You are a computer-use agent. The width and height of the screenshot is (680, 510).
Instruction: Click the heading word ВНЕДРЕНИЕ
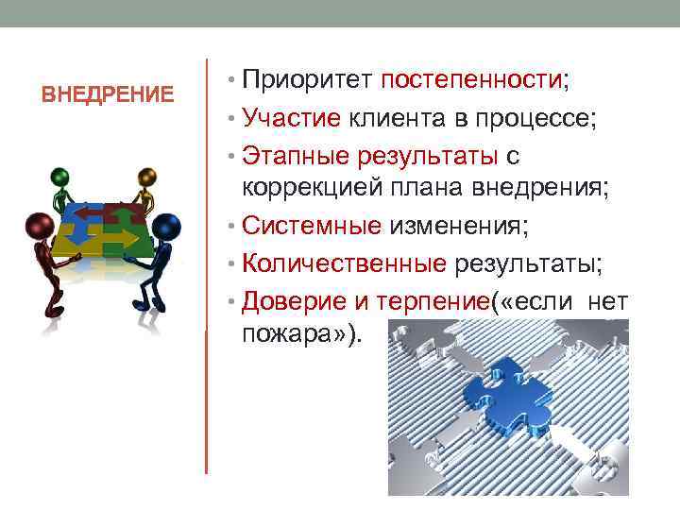(109, 95)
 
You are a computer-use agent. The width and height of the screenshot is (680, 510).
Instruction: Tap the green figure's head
(60, 177)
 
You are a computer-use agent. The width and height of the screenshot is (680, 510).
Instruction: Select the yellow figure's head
(145, 177)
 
